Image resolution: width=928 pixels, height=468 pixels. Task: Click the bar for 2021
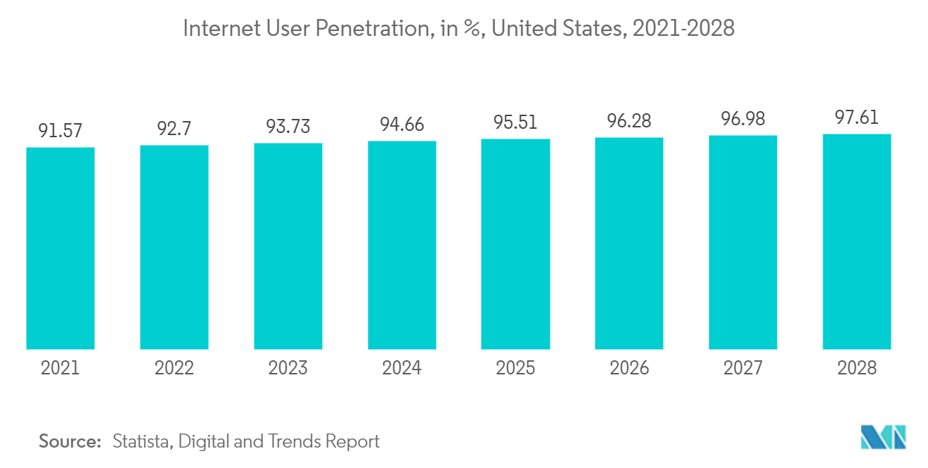[60, 248]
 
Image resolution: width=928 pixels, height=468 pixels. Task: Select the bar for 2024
[402, 245]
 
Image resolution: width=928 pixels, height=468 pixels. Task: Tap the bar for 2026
[629, 243]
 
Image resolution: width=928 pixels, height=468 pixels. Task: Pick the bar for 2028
[857, 241]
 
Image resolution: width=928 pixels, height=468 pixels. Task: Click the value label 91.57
[60, 131]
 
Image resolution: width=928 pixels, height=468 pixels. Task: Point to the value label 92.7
[174, 129]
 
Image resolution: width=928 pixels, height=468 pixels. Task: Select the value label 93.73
[288, 127]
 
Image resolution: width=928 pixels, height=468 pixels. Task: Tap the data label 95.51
[515, 122]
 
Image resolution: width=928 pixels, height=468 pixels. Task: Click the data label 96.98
[743, 119]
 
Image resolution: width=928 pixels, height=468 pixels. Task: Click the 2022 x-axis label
[174, 368]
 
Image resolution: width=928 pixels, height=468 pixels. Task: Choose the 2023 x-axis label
[288, 368]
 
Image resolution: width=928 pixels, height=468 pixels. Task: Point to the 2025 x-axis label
[515, 368]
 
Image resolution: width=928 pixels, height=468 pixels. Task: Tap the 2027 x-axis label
[743, 368]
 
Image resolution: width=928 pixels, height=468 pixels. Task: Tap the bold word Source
[70, 442]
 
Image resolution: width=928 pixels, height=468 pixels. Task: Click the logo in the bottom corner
[884, 437]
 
